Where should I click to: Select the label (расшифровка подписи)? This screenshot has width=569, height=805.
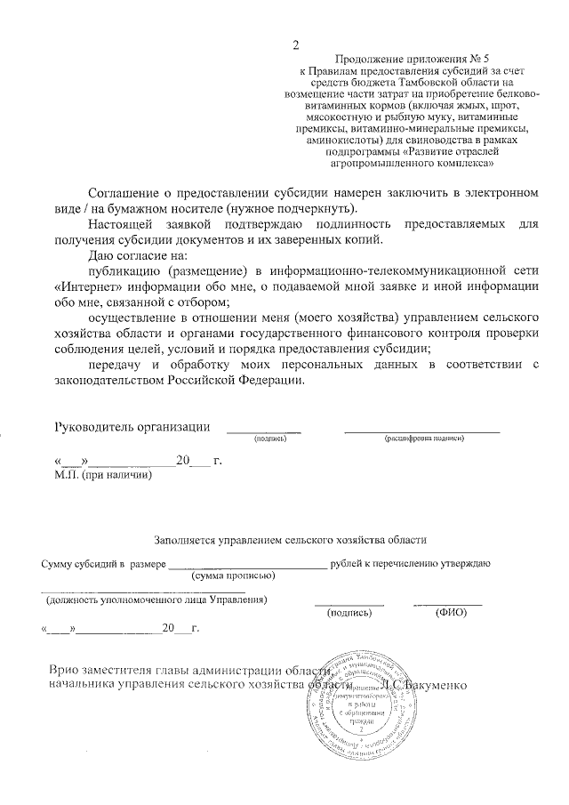pyautogui.click(x=421, y=439)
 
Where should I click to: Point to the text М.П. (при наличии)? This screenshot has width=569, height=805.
pyautogui.click(x=103, y=476)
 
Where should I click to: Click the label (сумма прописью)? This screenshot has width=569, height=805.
pyautogui.click(x=234, y=576)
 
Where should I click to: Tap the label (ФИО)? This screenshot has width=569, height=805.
pyautogui.click(x=446, y=613)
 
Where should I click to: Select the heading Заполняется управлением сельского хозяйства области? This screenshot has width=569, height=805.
pyautogui.click(x=291, y=539)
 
